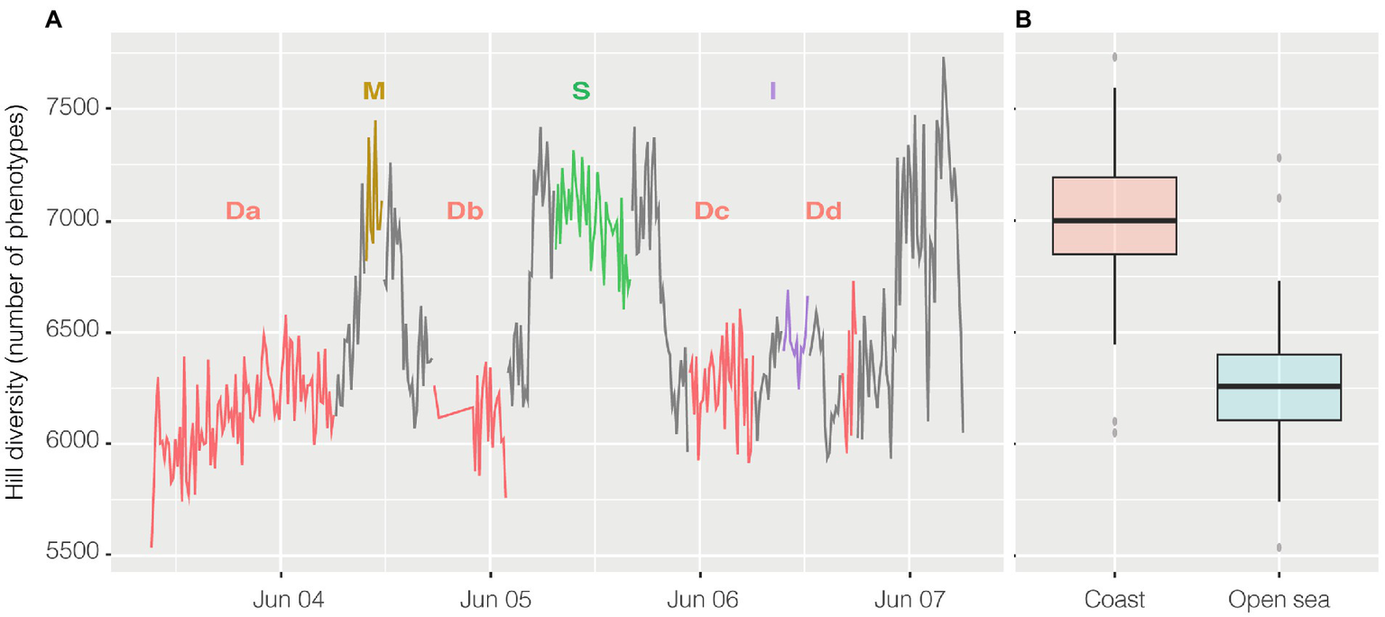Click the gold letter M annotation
[x=374, y=90]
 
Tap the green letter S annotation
[x=581, y=90]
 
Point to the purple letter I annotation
[x=772, y=90]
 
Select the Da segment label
[x=244, y=211]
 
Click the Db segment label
[x=466, y=211]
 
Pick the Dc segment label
[x=712, y=211]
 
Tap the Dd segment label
[x=823, y=211]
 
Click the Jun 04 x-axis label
[x=282, y=598]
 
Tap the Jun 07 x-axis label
[x=909, y=598]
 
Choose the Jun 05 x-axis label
[x=491, y=598]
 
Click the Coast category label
[x=1115, y=599]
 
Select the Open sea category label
[x=1279, y=599]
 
